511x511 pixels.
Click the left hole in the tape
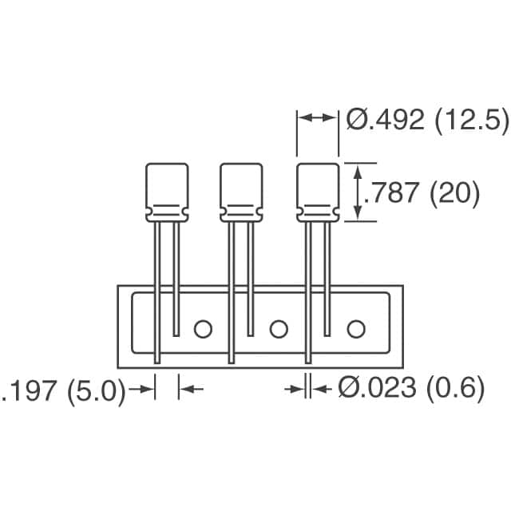pos(203,327)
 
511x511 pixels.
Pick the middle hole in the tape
pos(279,327)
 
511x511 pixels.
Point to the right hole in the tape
pos(355,327)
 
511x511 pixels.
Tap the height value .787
pos(393,192)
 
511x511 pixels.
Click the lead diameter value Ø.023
pos(377,389)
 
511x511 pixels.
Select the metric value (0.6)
pos(454,389)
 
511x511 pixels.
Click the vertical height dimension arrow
pos(358,192)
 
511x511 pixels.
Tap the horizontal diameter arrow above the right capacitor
pos(318,117)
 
